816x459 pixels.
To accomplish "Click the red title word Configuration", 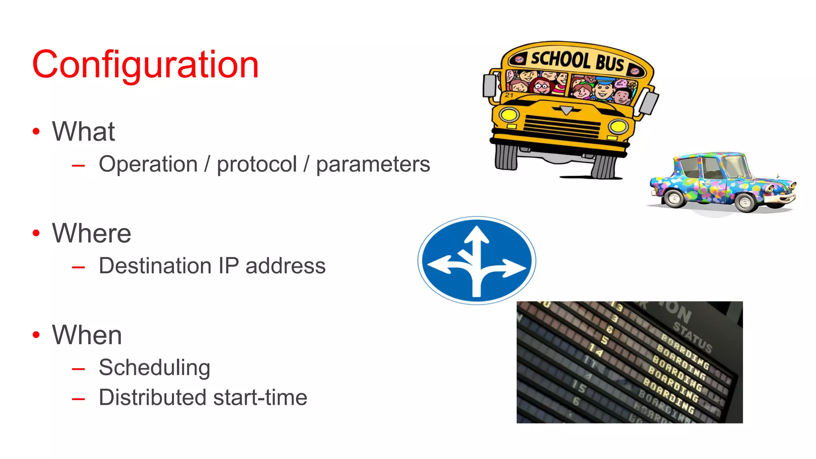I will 145,65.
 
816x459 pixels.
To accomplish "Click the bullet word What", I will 83,131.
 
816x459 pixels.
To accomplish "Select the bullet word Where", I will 92,233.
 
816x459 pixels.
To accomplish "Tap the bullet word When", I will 87,335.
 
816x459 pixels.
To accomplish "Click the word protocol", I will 257,165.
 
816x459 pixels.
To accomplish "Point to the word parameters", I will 373,165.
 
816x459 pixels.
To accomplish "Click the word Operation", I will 148,165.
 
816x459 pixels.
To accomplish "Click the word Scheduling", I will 155,368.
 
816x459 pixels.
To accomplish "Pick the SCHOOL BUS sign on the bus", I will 577,61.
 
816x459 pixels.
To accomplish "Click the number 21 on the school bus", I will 509,95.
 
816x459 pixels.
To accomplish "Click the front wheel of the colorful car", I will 745,202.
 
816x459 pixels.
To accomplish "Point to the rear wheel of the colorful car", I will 675,198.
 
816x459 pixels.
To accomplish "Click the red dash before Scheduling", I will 78,369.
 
